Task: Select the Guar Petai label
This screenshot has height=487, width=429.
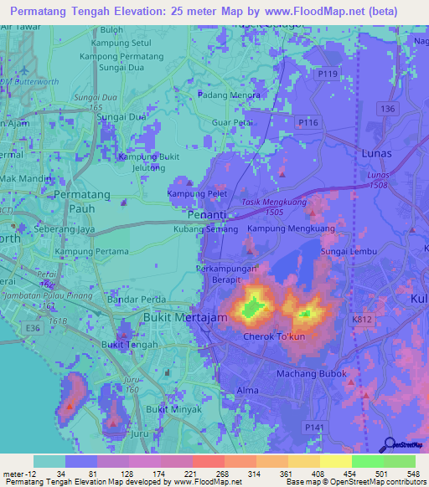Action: click(233, 123)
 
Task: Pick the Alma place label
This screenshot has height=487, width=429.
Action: click(248, 391)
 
